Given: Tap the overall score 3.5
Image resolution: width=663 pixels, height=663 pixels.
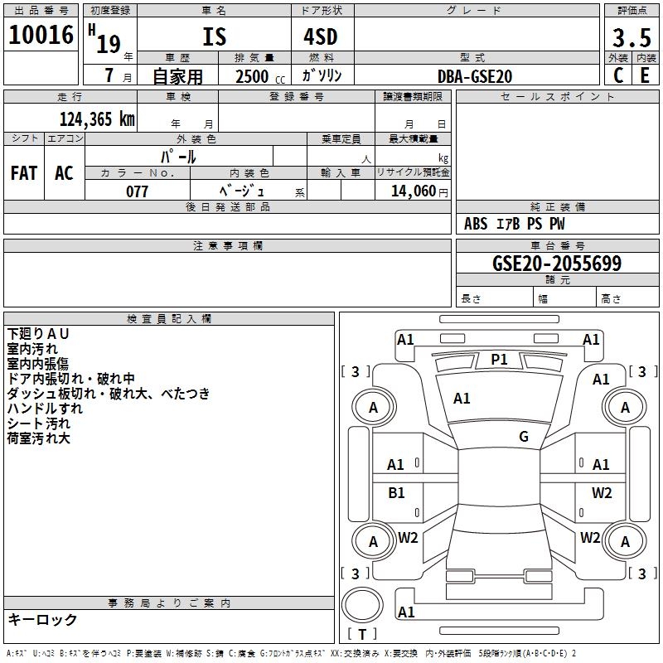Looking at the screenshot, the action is pos(631,37).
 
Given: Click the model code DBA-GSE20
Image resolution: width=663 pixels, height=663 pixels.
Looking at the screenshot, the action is pos(475,76).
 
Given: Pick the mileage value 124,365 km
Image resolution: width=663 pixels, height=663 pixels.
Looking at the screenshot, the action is pos(97,119).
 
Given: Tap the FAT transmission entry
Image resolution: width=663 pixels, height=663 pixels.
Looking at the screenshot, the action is pos(24,173).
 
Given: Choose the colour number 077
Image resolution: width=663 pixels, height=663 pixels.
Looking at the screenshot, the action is pos(137,191).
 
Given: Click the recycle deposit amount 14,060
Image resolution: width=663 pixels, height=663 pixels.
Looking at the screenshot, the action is pos(413,191).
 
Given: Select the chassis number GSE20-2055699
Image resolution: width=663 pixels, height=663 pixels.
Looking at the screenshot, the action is pos(556,264).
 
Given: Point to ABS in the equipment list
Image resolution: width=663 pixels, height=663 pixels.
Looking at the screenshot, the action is pos(476,224).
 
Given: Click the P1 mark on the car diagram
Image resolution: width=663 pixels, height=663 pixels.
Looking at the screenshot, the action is pos(499,359).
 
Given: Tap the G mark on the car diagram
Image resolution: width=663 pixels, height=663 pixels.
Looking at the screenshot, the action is pos(524,436).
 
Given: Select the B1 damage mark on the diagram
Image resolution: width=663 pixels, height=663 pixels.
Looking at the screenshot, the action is pos(396,492).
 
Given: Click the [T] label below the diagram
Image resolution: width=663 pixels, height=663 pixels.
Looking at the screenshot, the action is pos(362,634).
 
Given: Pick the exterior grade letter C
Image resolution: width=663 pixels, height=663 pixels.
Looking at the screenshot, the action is pos(618,75).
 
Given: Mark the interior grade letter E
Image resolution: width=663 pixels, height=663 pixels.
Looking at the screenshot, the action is pos(645,75).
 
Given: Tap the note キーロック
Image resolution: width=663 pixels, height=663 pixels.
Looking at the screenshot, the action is pos(43,620).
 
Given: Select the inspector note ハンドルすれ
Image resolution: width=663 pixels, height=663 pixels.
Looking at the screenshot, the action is pos(45,409).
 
